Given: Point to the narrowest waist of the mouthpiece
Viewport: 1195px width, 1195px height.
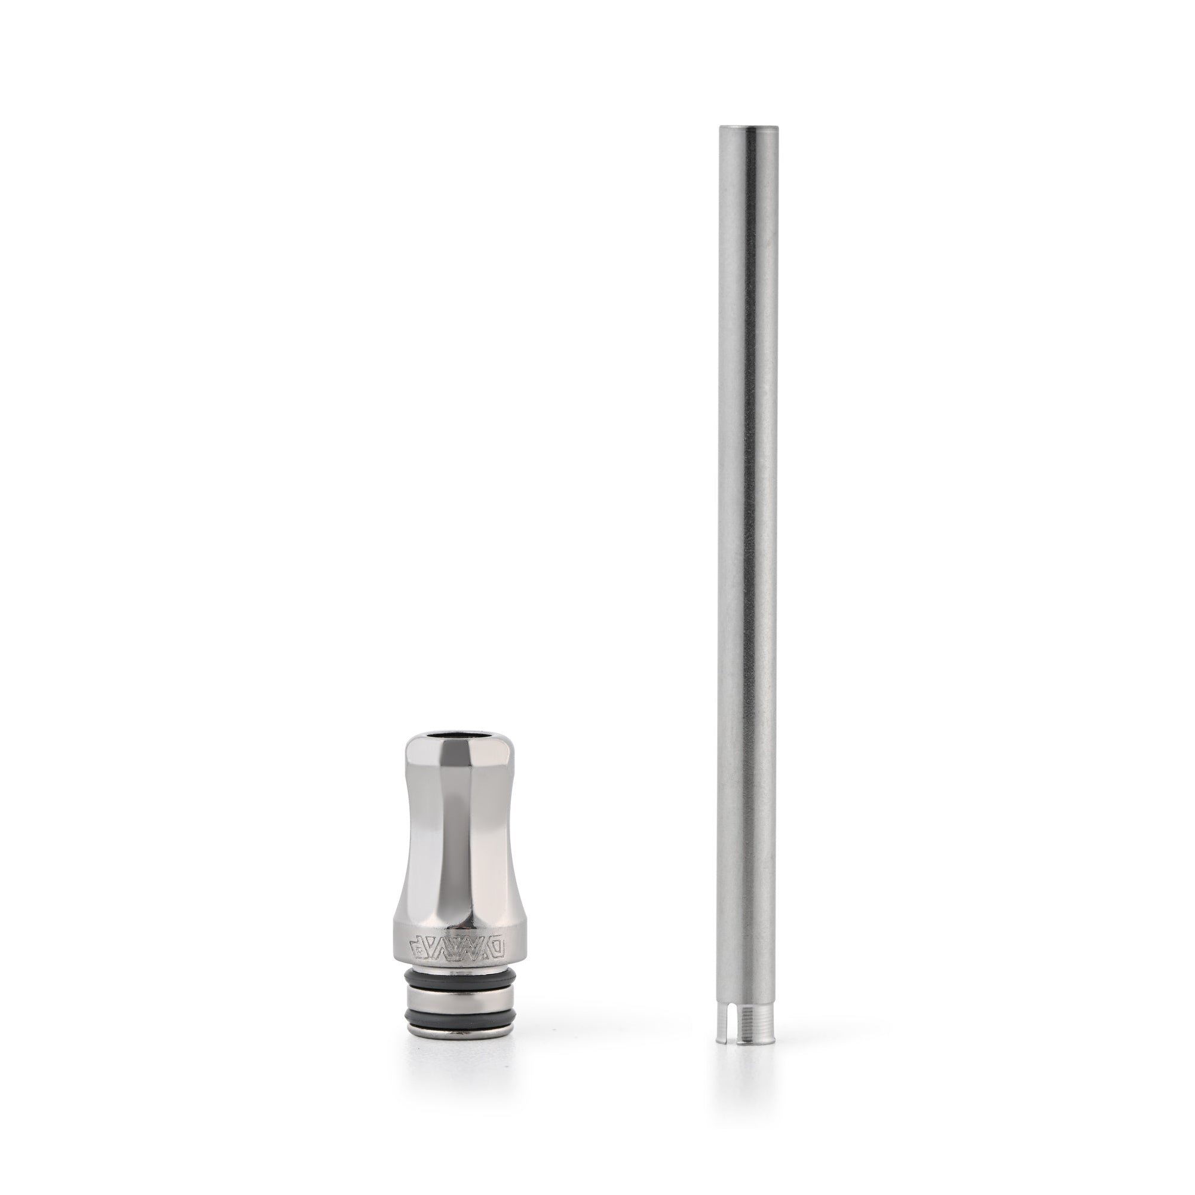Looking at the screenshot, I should coord(458,823).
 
